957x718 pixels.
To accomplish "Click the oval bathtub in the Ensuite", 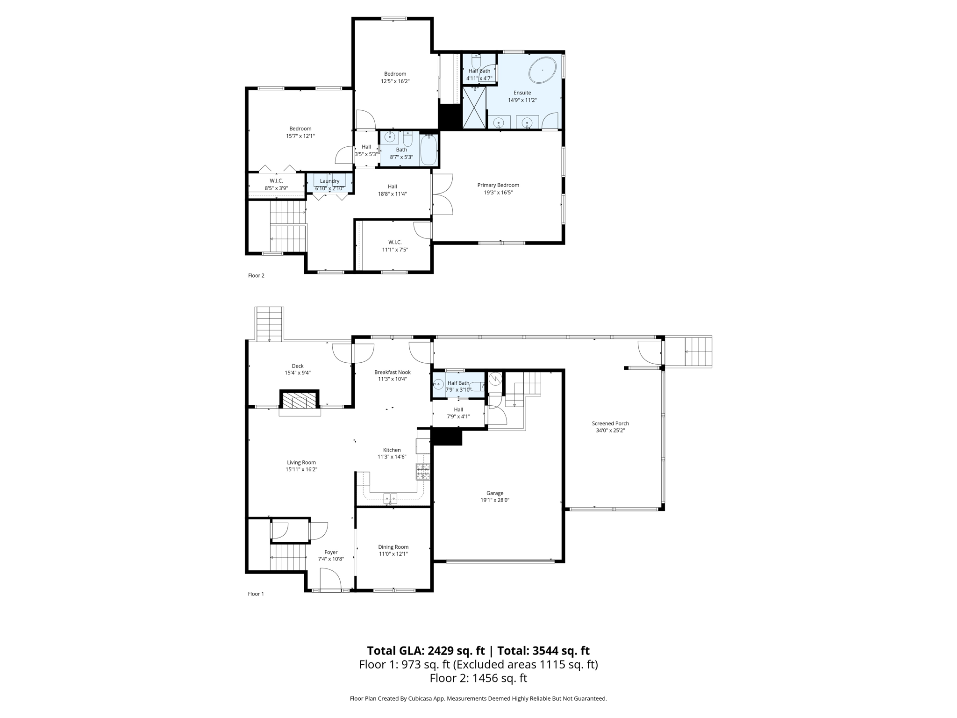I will tap(542, 71).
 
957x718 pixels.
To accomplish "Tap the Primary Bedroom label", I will tap(498, 185).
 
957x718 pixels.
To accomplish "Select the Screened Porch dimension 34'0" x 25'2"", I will tap(610, 431).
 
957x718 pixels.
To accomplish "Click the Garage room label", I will tap(495, 493).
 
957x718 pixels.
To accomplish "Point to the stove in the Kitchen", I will tap(423, 472).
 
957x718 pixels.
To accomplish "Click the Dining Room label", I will tap(393, 547).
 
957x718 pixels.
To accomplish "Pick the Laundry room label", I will tap(329, 181).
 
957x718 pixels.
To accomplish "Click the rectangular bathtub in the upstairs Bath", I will tap(428, 150).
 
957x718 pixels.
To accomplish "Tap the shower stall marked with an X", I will tap(474, 107).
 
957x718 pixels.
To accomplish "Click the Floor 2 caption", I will tap(256, 276).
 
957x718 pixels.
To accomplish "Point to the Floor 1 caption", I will tap(256, 594).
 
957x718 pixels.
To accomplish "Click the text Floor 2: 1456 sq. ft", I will tap(478, 678).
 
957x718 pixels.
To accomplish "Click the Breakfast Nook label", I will tap(392, 372).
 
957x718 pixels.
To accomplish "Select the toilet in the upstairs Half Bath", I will tap(476, 61).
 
